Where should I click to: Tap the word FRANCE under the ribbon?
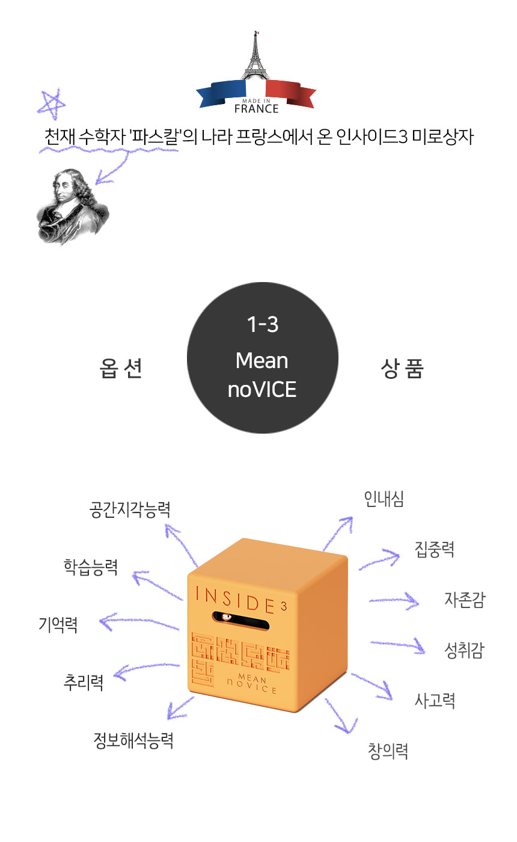256,109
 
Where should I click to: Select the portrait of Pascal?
72,206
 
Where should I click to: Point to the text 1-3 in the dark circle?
263,324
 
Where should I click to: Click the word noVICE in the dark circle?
262,390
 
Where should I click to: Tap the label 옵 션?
121,368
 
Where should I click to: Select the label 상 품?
402,368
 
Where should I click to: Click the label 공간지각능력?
130,510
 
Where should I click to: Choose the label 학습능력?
91,567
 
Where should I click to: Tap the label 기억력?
58,625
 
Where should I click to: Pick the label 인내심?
384,499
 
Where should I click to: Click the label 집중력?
435,549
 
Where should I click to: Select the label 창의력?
388,751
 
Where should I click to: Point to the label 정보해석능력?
133,740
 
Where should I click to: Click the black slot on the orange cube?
241,620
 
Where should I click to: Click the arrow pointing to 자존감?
394,600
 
